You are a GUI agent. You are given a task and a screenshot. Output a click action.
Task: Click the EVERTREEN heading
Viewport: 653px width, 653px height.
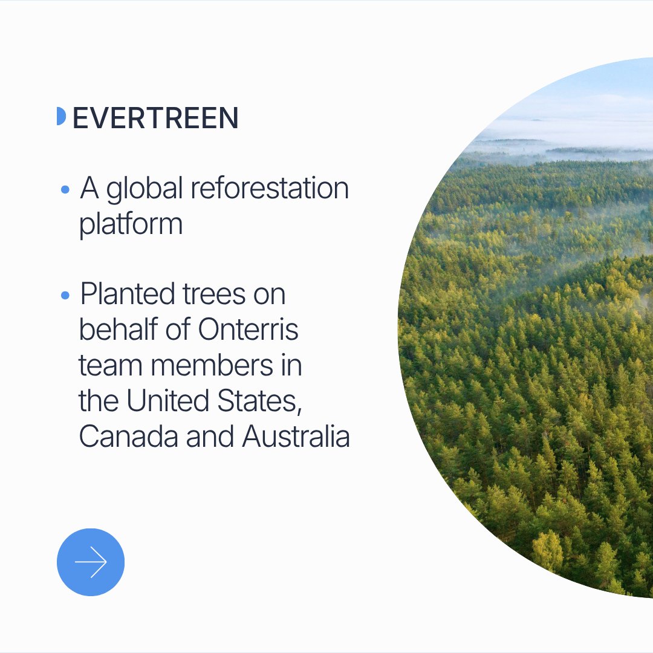click(155, 118)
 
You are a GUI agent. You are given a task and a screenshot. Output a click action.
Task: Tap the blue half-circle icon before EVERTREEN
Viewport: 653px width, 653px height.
click(61, 116)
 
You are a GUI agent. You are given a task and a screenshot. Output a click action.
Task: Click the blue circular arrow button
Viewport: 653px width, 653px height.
click(90, 562)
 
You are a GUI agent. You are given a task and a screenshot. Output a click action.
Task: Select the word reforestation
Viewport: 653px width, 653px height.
click(270, 188)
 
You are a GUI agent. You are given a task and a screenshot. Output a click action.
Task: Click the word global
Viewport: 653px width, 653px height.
click(145, 190)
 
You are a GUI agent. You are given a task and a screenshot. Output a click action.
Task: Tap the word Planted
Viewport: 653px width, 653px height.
click(127, 294)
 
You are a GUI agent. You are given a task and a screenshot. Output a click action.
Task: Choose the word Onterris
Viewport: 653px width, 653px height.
click(248, 330)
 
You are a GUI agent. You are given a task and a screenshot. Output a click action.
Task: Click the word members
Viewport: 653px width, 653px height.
click(212, 365)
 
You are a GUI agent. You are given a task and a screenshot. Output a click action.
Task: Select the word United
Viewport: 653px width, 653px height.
click(167, 401)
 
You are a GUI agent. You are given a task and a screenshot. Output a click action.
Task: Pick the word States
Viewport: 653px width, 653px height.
click(259, 401)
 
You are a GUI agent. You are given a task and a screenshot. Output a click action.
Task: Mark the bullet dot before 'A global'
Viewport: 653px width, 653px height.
click(65, 190)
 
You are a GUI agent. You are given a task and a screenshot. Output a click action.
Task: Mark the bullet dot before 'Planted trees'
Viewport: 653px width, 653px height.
click(65, 296)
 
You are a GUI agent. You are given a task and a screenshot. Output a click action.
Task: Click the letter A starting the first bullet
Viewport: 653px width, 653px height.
click(89, 188)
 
